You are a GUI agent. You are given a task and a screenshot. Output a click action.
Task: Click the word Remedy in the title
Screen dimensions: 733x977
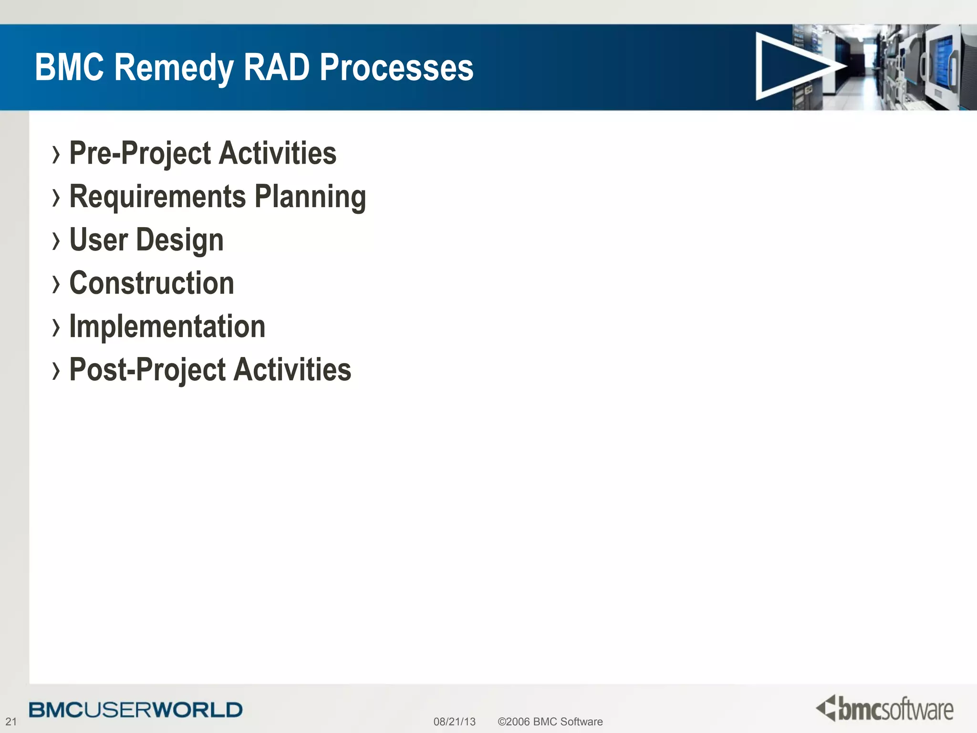tap(174, 67)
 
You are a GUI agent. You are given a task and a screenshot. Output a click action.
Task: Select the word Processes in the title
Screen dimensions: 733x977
tap(396, 67)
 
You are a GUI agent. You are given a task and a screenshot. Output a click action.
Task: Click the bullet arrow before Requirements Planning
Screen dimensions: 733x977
tap(56, 198)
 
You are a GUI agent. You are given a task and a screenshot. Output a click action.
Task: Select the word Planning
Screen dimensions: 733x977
tap(310, 197)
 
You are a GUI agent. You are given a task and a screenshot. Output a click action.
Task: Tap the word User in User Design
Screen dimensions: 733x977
tap(99, 240)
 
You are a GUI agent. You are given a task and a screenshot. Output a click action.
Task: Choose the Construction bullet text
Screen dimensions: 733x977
tap(152, 283)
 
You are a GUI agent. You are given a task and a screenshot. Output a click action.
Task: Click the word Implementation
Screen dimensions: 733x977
tap(167, 326)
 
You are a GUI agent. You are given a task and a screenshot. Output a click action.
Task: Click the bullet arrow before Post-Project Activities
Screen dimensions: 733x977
tap(56, 371)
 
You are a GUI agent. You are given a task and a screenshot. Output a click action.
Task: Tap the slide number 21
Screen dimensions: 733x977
tap(11, 722)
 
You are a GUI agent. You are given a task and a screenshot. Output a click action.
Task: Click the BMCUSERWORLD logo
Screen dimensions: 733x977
tap(135, 710)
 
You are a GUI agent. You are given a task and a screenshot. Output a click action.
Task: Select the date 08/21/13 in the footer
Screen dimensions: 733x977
tap(454, 722)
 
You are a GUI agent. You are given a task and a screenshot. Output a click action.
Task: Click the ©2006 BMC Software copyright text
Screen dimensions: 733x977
tap(550, 722)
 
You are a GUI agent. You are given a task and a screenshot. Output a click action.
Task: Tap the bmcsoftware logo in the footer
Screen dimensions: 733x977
tap(884, 709)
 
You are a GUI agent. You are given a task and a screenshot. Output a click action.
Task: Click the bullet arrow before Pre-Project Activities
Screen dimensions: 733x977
tap(56, 155)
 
